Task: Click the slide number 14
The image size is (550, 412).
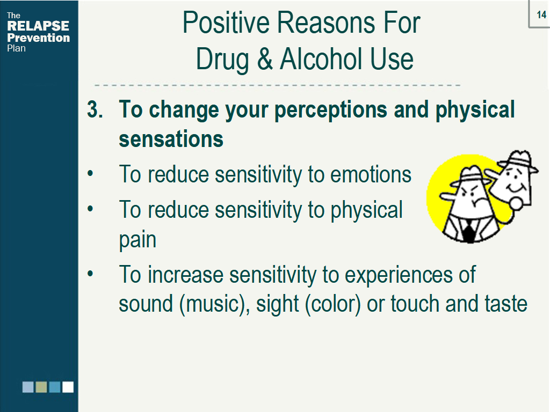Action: [541, 14]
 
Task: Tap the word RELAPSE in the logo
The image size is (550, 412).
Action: [38, 26]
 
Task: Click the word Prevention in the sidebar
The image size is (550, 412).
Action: [38, 38]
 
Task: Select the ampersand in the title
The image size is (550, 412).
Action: [265, 58]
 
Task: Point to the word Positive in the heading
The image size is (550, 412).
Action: [226, 23]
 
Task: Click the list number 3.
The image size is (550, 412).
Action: [95, 109]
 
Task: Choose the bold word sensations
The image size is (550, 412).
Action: [171, 139]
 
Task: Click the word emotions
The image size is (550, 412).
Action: [371, 174]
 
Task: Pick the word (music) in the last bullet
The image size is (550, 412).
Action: [214, 304]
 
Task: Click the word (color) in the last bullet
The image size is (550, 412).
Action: [333, 304]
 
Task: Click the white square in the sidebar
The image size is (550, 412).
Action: [68, 387]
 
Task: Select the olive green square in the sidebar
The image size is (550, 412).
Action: [41, 387]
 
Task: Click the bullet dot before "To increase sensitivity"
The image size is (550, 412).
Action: [90, 273]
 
